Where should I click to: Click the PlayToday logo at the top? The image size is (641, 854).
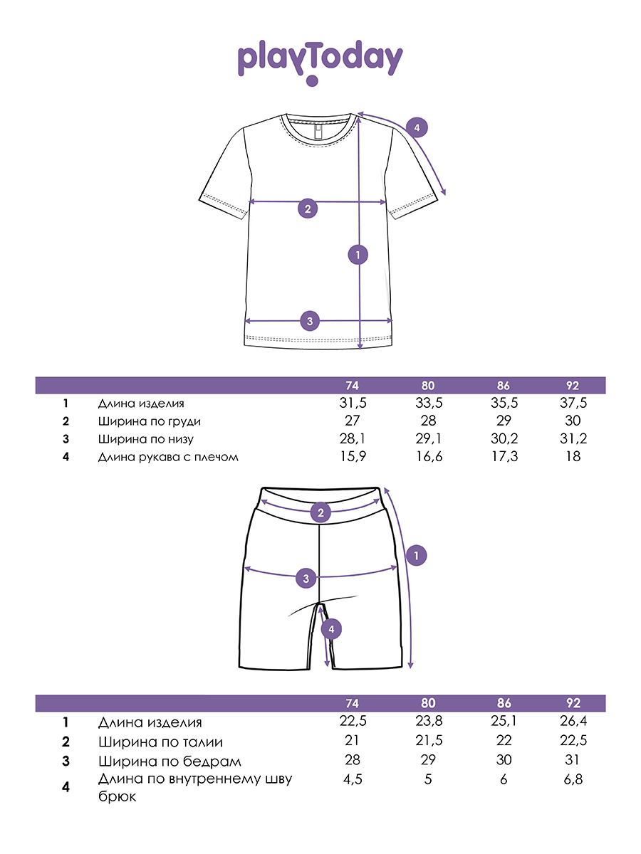coord(320,61)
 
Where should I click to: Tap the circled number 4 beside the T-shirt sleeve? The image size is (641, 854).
coord(417,128)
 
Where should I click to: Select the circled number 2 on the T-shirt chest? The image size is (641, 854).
coord(307,209)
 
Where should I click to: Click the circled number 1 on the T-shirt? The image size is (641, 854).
coord(358,253)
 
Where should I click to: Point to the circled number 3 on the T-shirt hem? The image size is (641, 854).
coord(309,321)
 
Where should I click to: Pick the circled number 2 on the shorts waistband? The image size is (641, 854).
coord(320,512)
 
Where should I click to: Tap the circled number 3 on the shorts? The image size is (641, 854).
coord(306,578)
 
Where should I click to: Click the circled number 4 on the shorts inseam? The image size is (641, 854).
coord(331,628)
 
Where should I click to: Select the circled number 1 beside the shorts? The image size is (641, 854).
coord(417,555)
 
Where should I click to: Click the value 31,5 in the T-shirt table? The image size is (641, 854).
coord(352,404)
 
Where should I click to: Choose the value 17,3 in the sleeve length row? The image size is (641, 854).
coord(504,457)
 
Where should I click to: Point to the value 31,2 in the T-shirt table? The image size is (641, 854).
coord(571,439)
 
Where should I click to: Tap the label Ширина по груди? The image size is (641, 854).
coord(150,421)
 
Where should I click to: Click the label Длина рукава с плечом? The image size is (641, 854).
coord(168,457)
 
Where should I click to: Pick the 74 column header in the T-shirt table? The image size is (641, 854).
coord(352,385)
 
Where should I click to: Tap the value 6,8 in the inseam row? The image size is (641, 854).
coord(571,779)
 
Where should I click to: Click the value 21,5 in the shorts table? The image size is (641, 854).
coord(428,741)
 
